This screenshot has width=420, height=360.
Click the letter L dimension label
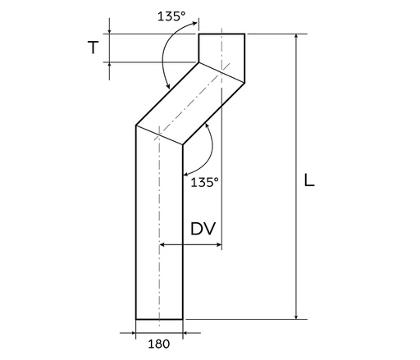tap(308, 180)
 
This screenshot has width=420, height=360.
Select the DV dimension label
tap(203, 230)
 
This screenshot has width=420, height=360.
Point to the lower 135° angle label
tap(204, 182)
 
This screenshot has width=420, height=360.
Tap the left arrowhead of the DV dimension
tap(164, 244)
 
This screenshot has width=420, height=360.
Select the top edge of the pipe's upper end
tap(221, 34)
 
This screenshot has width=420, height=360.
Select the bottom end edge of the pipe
tap(159, 318)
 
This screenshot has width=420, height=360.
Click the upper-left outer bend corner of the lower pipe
tap(135, 125)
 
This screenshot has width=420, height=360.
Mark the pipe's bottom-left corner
tap(135, 318)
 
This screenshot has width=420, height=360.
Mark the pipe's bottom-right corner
tap(182, 318)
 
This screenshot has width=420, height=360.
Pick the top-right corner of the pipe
tap(244, 34)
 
